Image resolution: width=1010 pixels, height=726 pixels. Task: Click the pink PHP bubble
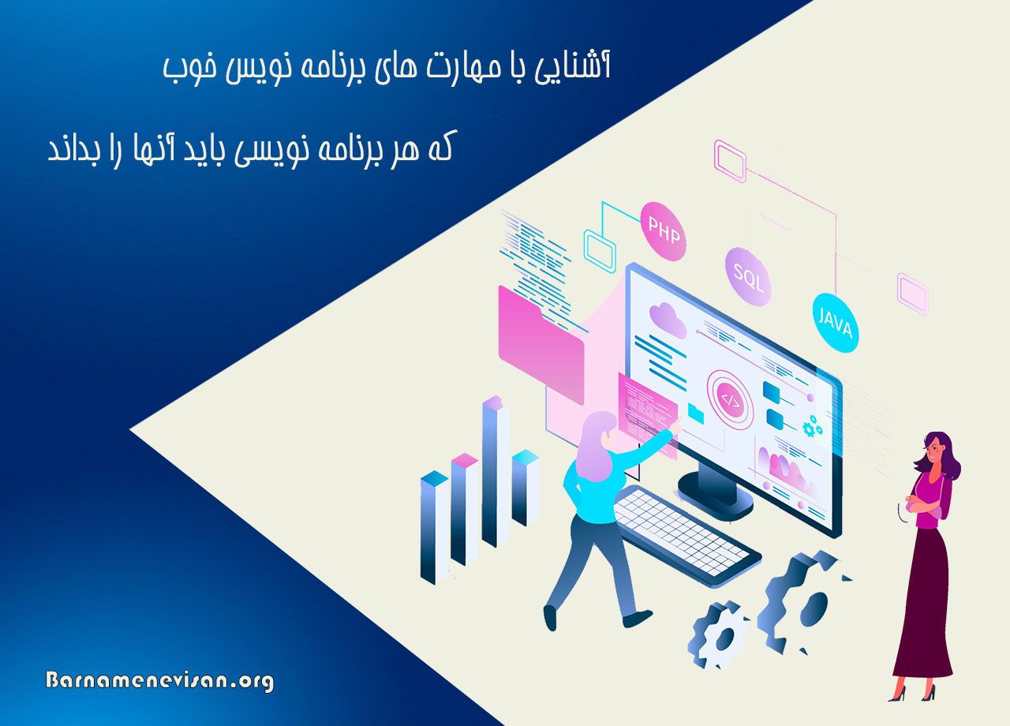(x=662, y=230)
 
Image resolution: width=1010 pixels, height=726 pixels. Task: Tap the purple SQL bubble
(x=747, y=275)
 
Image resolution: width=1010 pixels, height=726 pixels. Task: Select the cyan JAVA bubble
(x=836, y=322)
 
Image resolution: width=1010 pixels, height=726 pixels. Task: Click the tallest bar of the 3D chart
(x=496, y=473)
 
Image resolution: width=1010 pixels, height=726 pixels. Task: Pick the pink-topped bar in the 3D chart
(x=465, y=513)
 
